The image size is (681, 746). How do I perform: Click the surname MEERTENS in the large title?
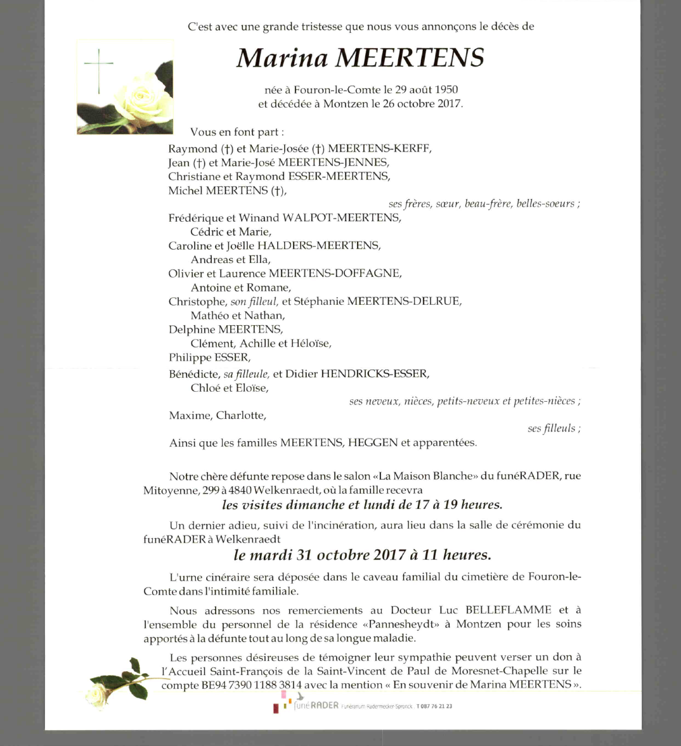click(409, 58)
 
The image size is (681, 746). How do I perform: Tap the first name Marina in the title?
click(282, 58)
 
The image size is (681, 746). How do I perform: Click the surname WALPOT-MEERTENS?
click(342, 218)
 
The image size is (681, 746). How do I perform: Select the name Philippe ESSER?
click(209, 357)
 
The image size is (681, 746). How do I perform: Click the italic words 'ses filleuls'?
click(552, 428)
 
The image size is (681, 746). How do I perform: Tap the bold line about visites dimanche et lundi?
click(362, 505)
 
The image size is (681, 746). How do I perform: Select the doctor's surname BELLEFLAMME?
click(509, 610)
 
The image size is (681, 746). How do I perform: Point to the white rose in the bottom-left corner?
click(98, 693)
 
